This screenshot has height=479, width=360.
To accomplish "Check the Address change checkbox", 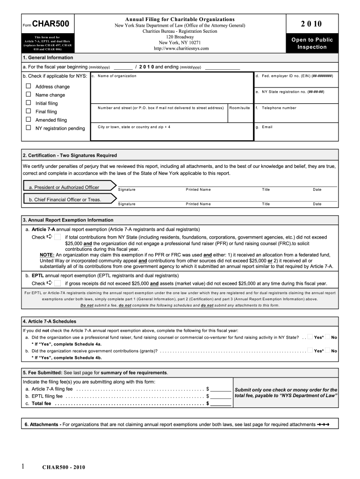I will click(x=29, y=86).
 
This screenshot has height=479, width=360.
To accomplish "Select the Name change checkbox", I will click(x=29, y=94).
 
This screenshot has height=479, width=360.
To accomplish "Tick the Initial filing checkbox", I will click(x=29, y=102).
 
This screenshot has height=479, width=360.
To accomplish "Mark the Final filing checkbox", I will click(x=29, y=111).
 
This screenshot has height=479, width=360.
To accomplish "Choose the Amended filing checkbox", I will click(x=29, y=120).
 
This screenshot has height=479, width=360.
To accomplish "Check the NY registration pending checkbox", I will click(x=29, y=128).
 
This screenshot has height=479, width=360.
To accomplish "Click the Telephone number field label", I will click(x=279, y=108).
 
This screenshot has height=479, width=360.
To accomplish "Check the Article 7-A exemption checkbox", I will click(x=58, y=237).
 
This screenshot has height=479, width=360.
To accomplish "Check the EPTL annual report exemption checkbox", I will click(x=58, y=283).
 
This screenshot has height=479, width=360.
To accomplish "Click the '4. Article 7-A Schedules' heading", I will click(x=49, y=321).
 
